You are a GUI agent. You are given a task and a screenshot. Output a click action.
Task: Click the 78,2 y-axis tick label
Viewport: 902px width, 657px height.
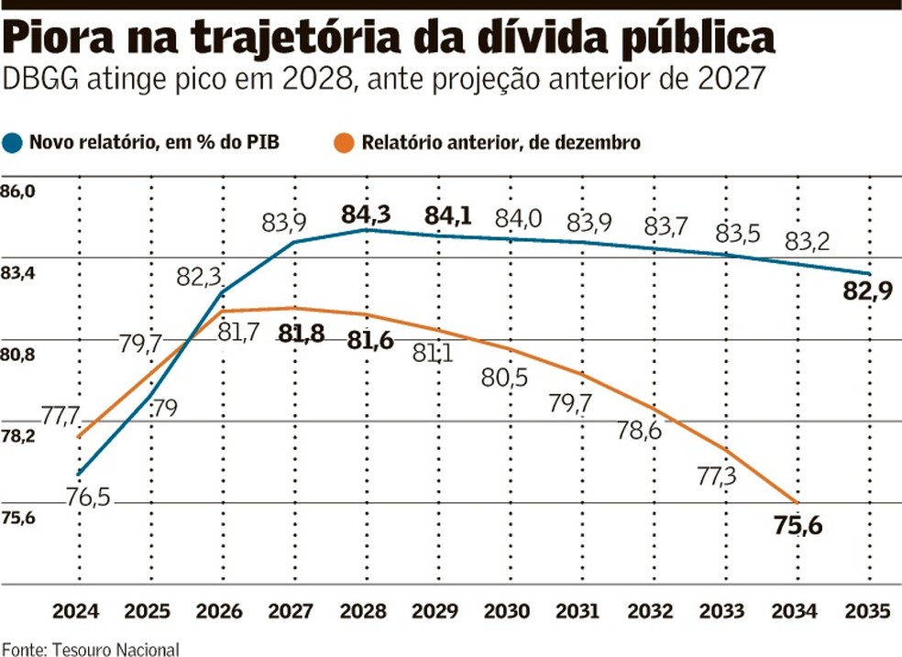pos(19,437)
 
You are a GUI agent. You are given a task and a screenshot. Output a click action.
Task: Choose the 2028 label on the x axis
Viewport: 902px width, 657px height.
pos(367,612)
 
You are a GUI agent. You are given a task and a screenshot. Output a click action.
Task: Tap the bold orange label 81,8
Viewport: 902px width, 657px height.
pos(302,335)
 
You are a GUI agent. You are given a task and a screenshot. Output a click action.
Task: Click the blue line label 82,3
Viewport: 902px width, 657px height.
pos(197,276)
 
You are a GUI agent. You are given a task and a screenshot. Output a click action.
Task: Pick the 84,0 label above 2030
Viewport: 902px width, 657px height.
pos(519,220)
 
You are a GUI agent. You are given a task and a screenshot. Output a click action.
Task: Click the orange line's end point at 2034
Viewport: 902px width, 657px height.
pos(797,503)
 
